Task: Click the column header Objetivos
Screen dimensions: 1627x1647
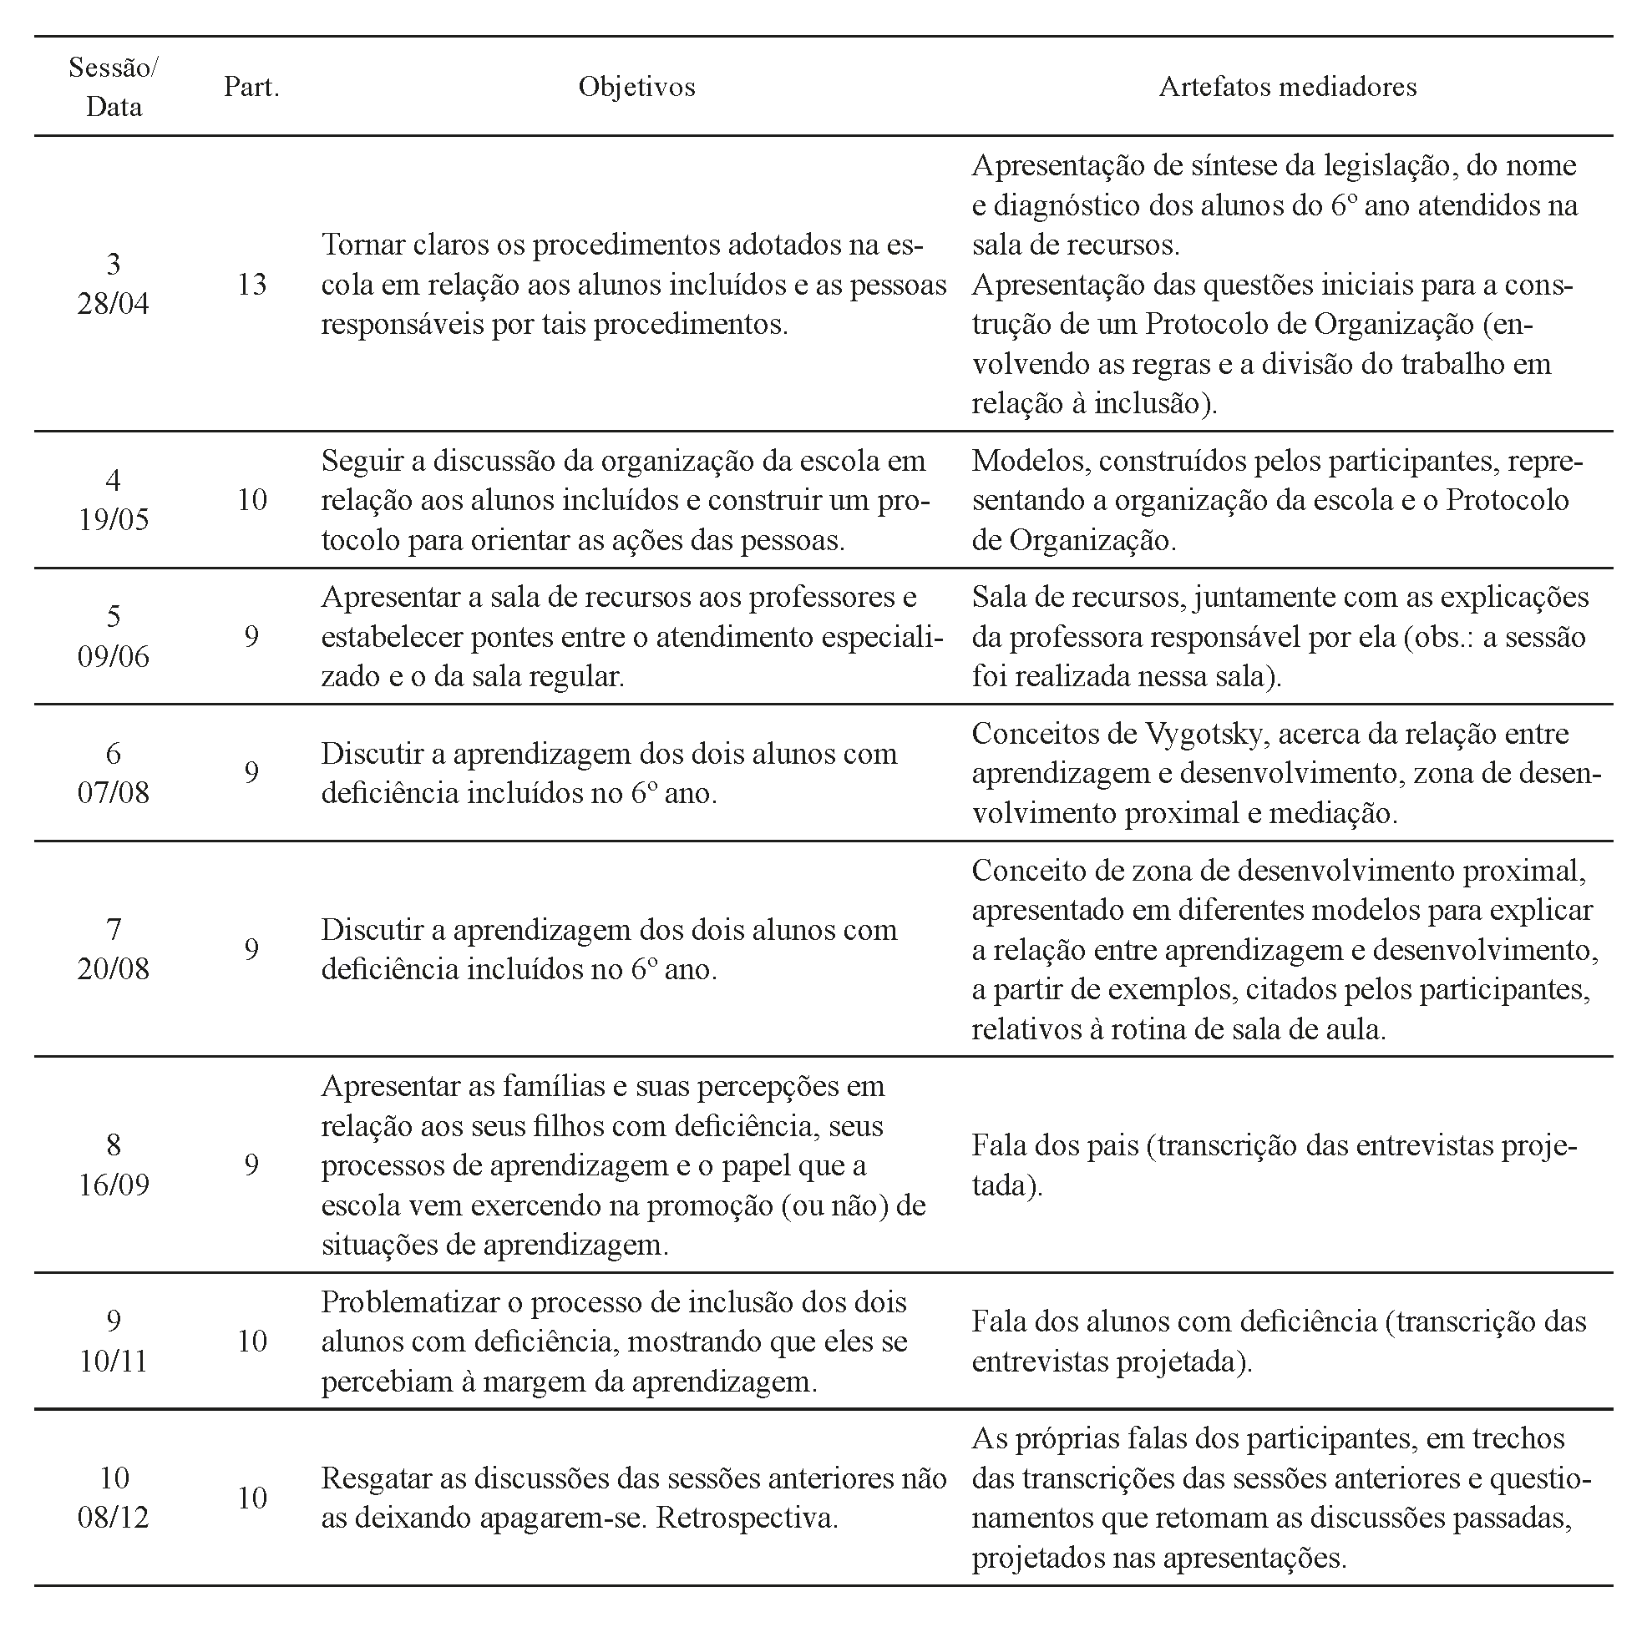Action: point(636,87)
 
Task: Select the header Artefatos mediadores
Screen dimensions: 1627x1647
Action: point(1287,87)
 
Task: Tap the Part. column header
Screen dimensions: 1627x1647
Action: point(251,87)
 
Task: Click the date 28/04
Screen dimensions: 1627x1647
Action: point(113,303)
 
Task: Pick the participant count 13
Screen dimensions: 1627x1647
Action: point(251,284)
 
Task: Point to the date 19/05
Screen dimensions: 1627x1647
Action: point(113,519)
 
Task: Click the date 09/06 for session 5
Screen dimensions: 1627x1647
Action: point(113,656)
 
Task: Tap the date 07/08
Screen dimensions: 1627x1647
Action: point(113,792)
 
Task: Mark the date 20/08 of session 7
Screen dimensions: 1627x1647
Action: point(113,969)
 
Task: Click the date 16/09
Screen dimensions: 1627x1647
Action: point(113,1185)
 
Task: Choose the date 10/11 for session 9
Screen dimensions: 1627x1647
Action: point(113,1361)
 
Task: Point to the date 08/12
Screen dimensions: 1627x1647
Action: point(113,1518)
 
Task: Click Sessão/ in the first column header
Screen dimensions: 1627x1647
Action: point(113,68)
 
